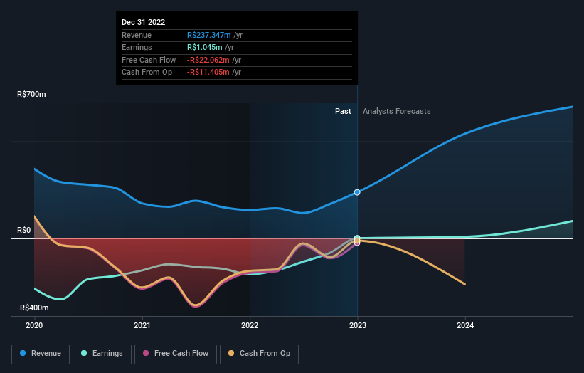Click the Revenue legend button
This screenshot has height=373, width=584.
[x=41, y=354]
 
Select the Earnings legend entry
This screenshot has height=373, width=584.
[x=102, y=354]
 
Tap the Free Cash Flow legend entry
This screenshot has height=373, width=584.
[x=176, y=354]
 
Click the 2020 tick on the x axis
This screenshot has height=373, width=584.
[x=34, y=325]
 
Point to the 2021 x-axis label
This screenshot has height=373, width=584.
[x=142, y=325]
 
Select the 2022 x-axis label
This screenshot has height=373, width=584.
[x=250, y=325]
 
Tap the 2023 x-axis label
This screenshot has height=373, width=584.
[x=357, y=325]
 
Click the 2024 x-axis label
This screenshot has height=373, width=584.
[x=464, y=325]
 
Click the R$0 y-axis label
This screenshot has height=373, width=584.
[x=24, y=230]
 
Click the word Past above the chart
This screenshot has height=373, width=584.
[x=343, y=111]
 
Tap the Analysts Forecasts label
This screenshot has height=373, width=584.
[x=396, y=111]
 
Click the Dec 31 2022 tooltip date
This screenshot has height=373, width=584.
[x=143, y=22]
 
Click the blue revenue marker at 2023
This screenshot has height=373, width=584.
[x=357, y=192]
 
